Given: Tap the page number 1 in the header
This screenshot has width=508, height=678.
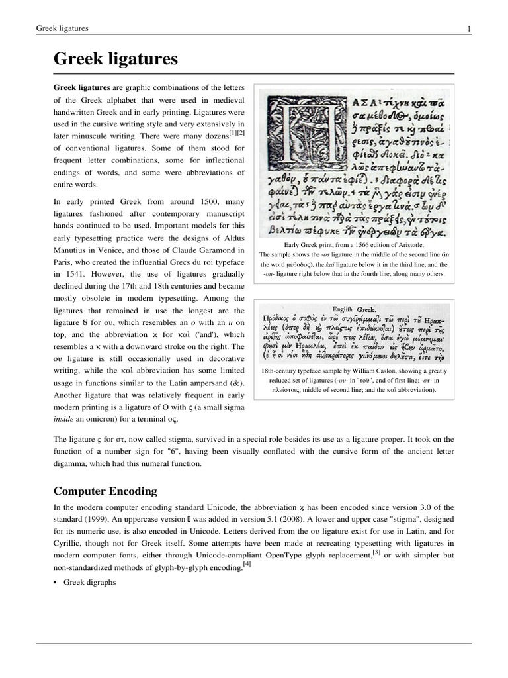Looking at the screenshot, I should coord(468,28).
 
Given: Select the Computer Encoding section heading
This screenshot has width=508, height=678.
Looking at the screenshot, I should coord(105,491).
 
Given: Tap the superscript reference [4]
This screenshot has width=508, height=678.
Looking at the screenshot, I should coord(247,564).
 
